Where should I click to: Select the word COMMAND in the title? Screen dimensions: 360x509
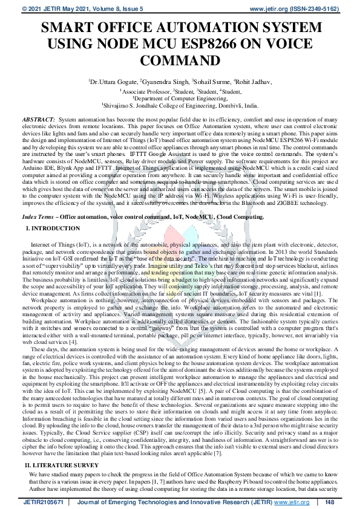[180, 60]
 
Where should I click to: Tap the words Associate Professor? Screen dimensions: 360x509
[145, 90]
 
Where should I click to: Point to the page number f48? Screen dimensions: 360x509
[330, 502]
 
